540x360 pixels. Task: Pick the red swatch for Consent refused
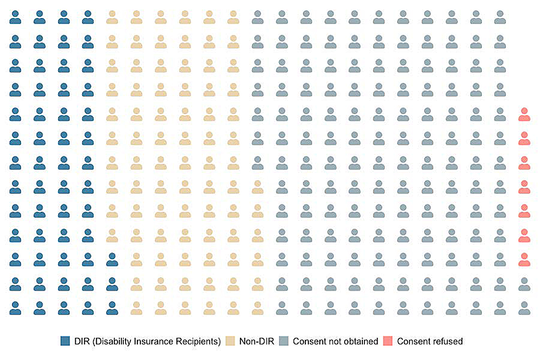coord(388,341)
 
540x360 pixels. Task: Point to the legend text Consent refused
coord(430,341)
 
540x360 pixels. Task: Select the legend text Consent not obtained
coord(335,341)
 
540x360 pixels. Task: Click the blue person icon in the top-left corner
coord(15,17)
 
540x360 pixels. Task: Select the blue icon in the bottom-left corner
coord(15,309)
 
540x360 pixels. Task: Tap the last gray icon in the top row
coord(499,17)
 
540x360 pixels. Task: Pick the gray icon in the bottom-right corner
coord(523,309)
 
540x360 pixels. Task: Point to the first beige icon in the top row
coord(112,17)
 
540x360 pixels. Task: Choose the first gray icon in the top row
coord(258,17)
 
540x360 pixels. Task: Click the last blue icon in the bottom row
coord(112,309)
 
